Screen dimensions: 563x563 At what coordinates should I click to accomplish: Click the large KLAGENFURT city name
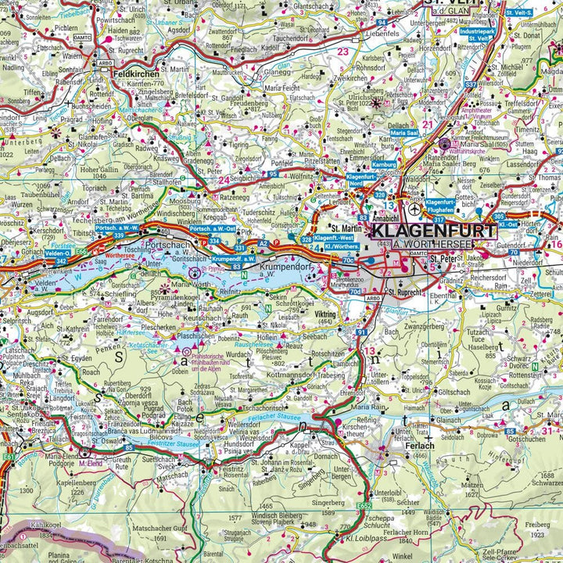tap(432, 231)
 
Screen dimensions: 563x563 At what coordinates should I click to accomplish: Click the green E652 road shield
tap(364, 507)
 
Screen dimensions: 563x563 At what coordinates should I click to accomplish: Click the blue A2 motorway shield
tap(263, 244)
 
